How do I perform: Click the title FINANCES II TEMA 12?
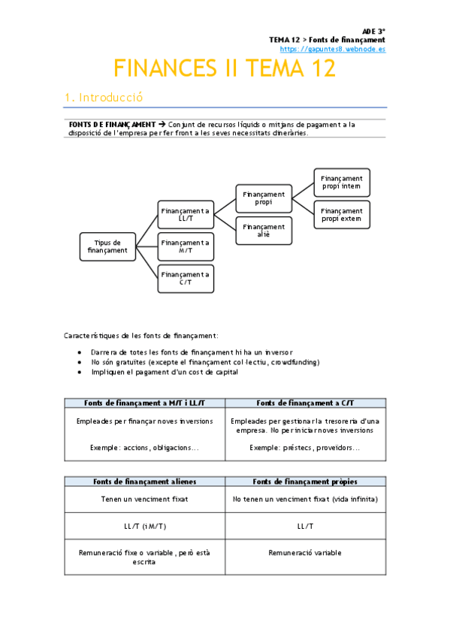point(225,69)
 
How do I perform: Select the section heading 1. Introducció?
point(104,98)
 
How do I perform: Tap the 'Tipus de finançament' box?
point(108,246)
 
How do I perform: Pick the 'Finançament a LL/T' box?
point(186,215)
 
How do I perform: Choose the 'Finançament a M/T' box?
point(186,246)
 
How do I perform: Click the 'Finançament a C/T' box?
point(186,279)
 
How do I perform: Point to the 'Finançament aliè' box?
point(263,231)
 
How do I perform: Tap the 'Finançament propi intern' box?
point(341,183)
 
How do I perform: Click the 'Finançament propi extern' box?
point(341,215)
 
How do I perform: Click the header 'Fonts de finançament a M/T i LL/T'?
point(145,403)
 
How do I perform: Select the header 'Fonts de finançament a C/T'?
point(305,403)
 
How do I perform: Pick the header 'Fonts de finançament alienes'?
point(145,481)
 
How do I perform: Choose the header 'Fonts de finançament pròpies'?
point(305,481)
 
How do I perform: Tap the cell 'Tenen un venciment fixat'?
point(145,499)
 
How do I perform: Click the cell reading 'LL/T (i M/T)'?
point(145,526)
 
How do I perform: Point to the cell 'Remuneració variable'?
point(305,553)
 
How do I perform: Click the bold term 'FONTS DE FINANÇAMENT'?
point(112,124)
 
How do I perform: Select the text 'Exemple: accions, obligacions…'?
point(145,448)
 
